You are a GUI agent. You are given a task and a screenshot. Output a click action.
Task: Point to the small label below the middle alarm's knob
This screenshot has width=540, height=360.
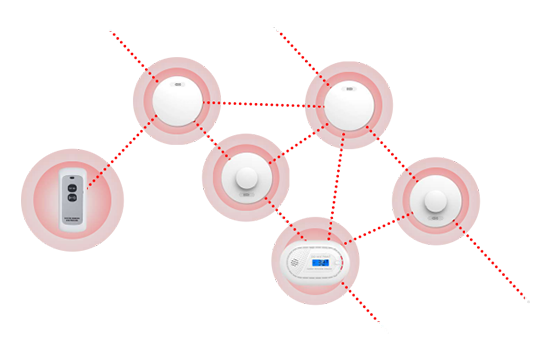tap(246, 209)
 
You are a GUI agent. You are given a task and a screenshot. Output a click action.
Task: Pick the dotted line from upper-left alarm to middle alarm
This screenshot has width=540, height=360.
tap(211, 138)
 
